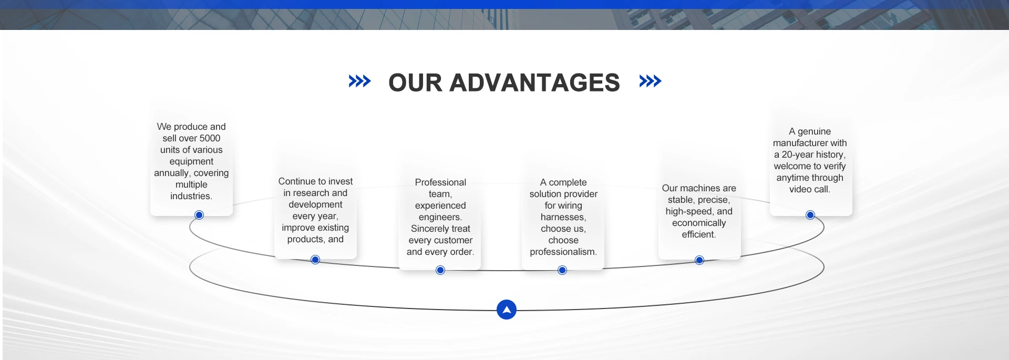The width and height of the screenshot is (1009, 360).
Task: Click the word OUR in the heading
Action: pos(416,83)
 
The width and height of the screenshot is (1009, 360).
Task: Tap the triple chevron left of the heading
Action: pos(359,81)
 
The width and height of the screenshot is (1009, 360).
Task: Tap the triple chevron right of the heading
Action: pos(650,81)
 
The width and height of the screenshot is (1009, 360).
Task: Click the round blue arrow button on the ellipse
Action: pos(507,310)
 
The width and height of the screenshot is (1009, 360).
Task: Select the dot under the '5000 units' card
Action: pos(199,215)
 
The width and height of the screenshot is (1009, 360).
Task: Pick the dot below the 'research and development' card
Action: pos(315,260)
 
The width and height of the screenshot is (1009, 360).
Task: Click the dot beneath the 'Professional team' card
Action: pos(440,270)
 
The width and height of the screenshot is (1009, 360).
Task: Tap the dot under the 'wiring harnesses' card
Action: pos(562,270)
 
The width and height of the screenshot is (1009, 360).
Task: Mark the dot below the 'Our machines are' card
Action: pos(699,260)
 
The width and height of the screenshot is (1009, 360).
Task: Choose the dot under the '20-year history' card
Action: pos(810,215)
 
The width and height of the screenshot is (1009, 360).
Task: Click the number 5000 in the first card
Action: pos(210,138)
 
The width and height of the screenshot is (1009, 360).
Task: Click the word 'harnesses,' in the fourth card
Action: pos(563,217)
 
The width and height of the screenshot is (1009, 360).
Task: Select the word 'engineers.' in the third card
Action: pos(440,217)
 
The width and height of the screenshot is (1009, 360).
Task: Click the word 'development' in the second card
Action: pos(315,204)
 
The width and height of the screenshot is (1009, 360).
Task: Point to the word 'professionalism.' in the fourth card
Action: pos(563,252)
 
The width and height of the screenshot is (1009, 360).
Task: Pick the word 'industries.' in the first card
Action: pos(191,196)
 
